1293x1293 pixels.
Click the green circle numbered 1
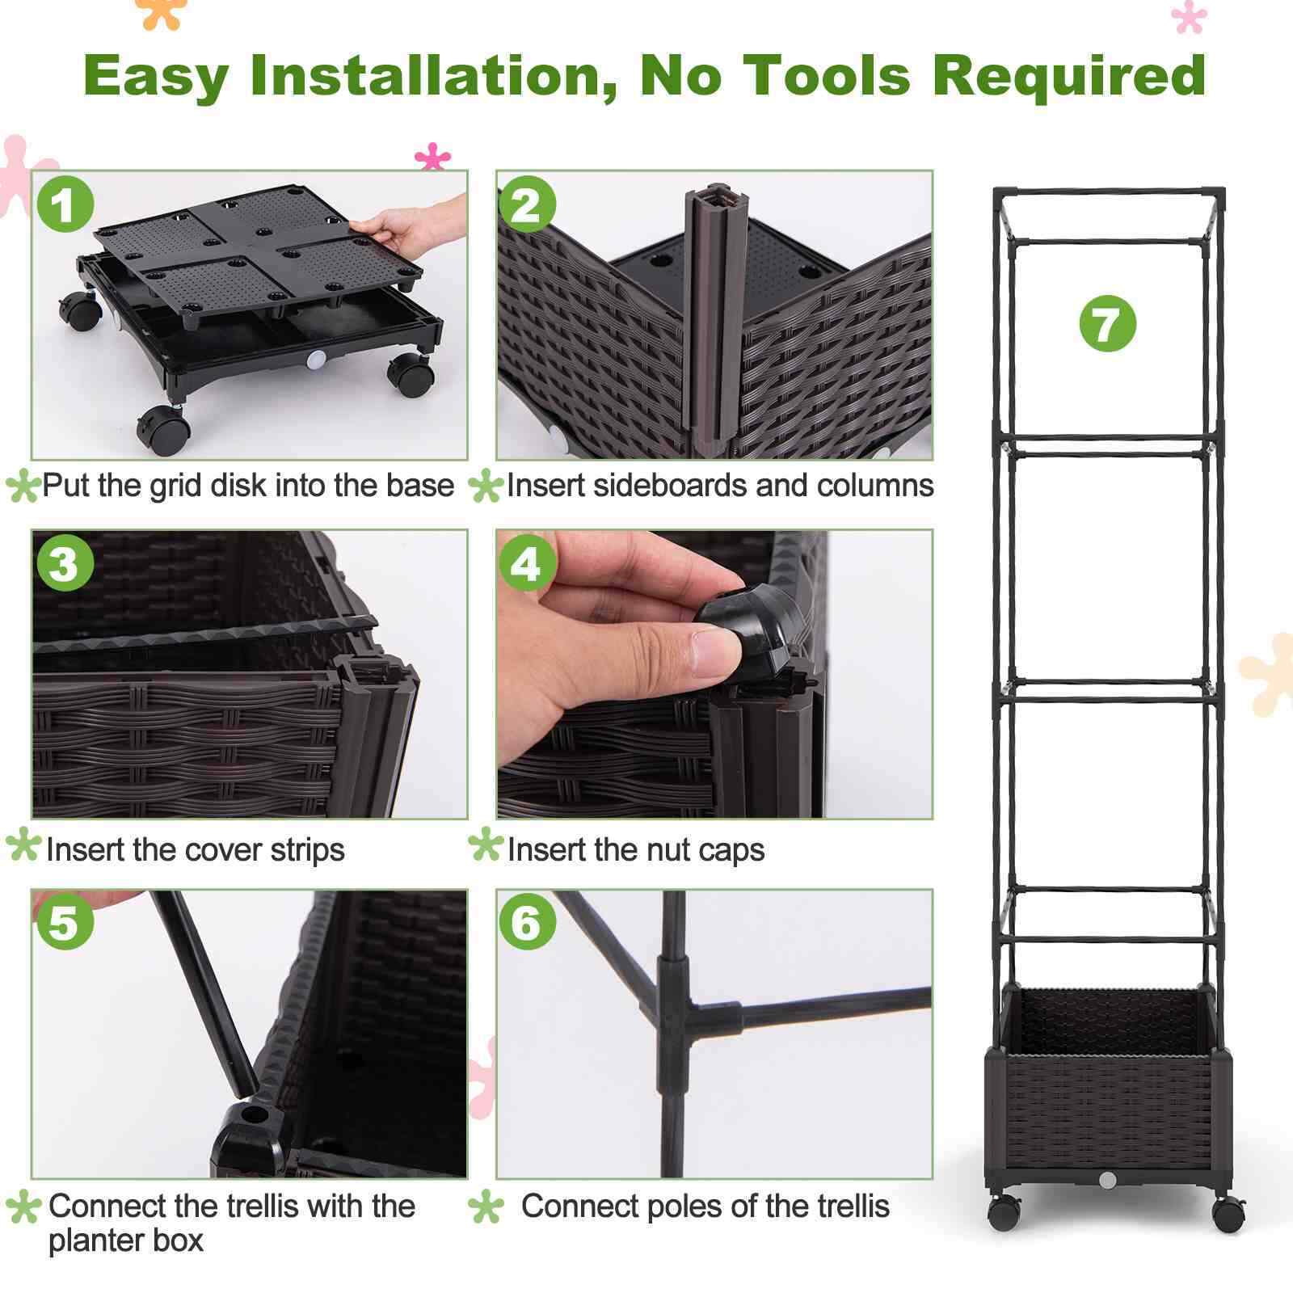(x=65, y=204)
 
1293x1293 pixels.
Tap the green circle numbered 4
(x=526, y=563)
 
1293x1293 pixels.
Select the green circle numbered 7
(x=1107, y=323)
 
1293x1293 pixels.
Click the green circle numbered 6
(x=527, y=921)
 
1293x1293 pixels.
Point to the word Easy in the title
(x=156, y=77)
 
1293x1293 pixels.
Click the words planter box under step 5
(x=126, y=1240)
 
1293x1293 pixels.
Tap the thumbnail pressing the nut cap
(x=714, y=673)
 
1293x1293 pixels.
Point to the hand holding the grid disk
(x=417, y=226)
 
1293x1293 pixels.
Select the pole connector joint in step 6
(x=675, y=1010)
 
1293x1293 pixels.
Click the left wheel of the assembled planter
(x=1004, y=1212)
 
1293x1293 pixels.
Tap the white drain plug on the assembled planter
(x=1107, y=1181)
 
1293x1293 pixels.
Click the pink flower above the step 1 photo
(x=432, y=157)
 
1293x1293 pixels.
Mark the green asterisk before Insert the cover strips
(x=23, y=845)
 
